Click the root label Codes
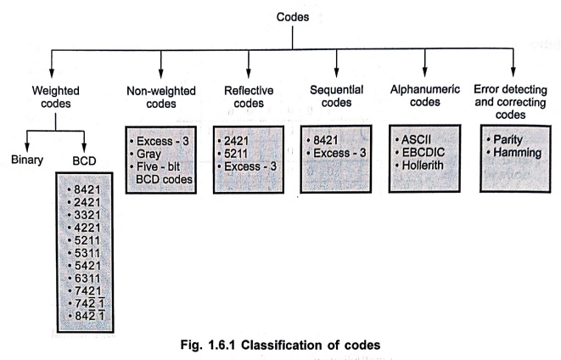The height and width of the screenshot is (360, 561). point(293,17)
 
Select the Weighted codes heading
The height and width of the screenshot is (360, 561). point(55,97)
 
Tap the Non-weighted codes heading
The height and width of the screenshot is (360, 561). point(161,98)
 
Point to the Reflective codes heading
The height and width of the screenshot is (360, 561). point(249,97)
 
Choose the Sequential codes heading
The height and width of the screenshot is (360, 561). point(336,96)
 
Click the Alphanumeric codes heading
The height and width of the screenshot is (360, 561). point(425,96)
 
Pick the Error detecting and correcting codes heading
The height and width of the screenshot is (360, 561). point(511,102)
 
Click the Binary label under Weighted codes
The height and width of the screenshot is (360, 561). point(27,160)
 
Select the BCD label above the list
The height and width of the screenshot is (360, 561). point(84,161)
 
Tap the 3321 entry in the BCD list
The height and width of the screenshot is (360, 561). point(87,215)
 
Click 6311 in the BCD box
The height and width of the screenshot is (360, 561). point(87,278)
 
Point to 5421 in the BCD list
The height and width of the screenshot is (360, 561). point(87,266)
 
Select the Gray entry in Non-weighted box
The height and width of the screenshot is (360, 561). point(149,155)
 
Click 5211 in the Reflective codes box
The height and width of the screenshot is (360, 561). point(236,154)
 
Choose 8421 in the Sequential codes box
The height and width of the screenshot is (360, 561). point(326,140)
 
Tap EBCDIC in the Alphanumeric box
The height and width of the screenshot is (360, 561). point(424,153)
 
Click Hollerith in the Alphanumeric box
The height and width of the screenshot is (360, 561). point(423,166)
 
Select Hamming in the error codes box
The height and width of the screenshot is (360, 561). point(518,153)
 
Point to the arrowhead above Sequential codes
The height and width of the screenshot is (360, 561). point(336,73)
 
